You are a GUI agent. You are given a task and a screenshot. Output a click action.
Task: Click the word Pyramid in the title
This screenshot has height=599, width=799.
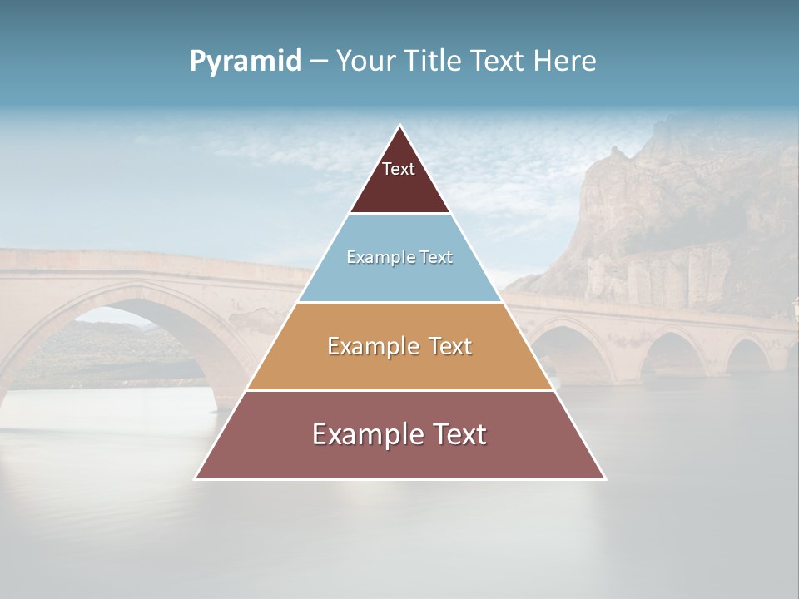pos(246,62)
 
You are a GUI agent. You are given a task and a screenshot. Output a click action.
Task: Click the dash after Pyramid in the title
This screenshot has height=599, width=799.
pos(318,62)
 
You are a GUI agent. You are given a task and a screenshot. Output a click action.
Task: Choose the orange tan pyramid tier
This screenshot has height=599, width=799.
pos(399,366)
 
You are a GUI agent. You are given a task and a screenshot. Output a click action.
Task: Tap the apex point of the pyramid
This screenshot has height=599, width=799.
pos(400,126)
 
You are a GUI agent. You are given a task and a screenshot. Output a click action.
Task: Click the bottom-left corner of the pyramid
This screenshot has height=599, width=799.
pos(196,478)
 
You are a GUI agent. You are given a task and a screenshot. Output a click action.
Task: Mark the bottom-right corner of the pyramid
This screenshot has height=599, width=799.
pos(605,478)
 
